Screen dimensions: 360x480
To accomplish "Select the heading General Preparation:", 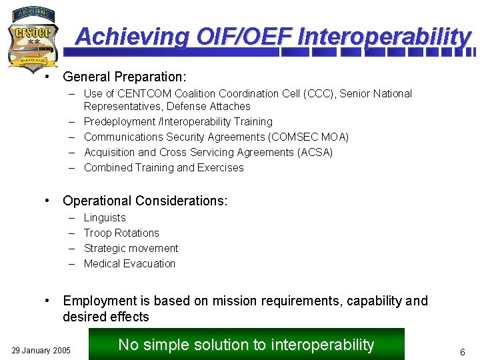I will click(x=125, y=77).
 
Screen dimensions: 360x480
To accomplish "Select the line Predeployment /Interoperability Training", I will click(x=178, y=122).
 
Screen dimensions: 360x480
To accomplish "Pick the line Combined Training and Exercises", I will click(x=164, y=168).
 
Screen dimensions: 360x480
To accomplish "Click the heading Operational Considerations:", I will click(x=145, y=201).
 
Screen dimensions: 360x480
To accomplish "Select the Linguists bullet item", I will click(x=105, y=218).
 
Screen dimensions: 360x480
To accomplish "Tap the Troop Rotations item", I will click(x=121, y=233).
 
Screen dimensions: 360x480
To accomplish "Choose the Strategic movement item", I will click(x=131, y=249).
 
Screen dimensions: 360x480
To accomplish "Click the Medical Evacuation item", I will click(x=129, y=264).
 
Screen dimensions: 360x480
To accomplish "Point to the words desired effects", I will click(x=106, y=317).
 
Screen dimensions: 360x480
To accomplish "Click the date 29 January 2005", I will click(x=41, y=350).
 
